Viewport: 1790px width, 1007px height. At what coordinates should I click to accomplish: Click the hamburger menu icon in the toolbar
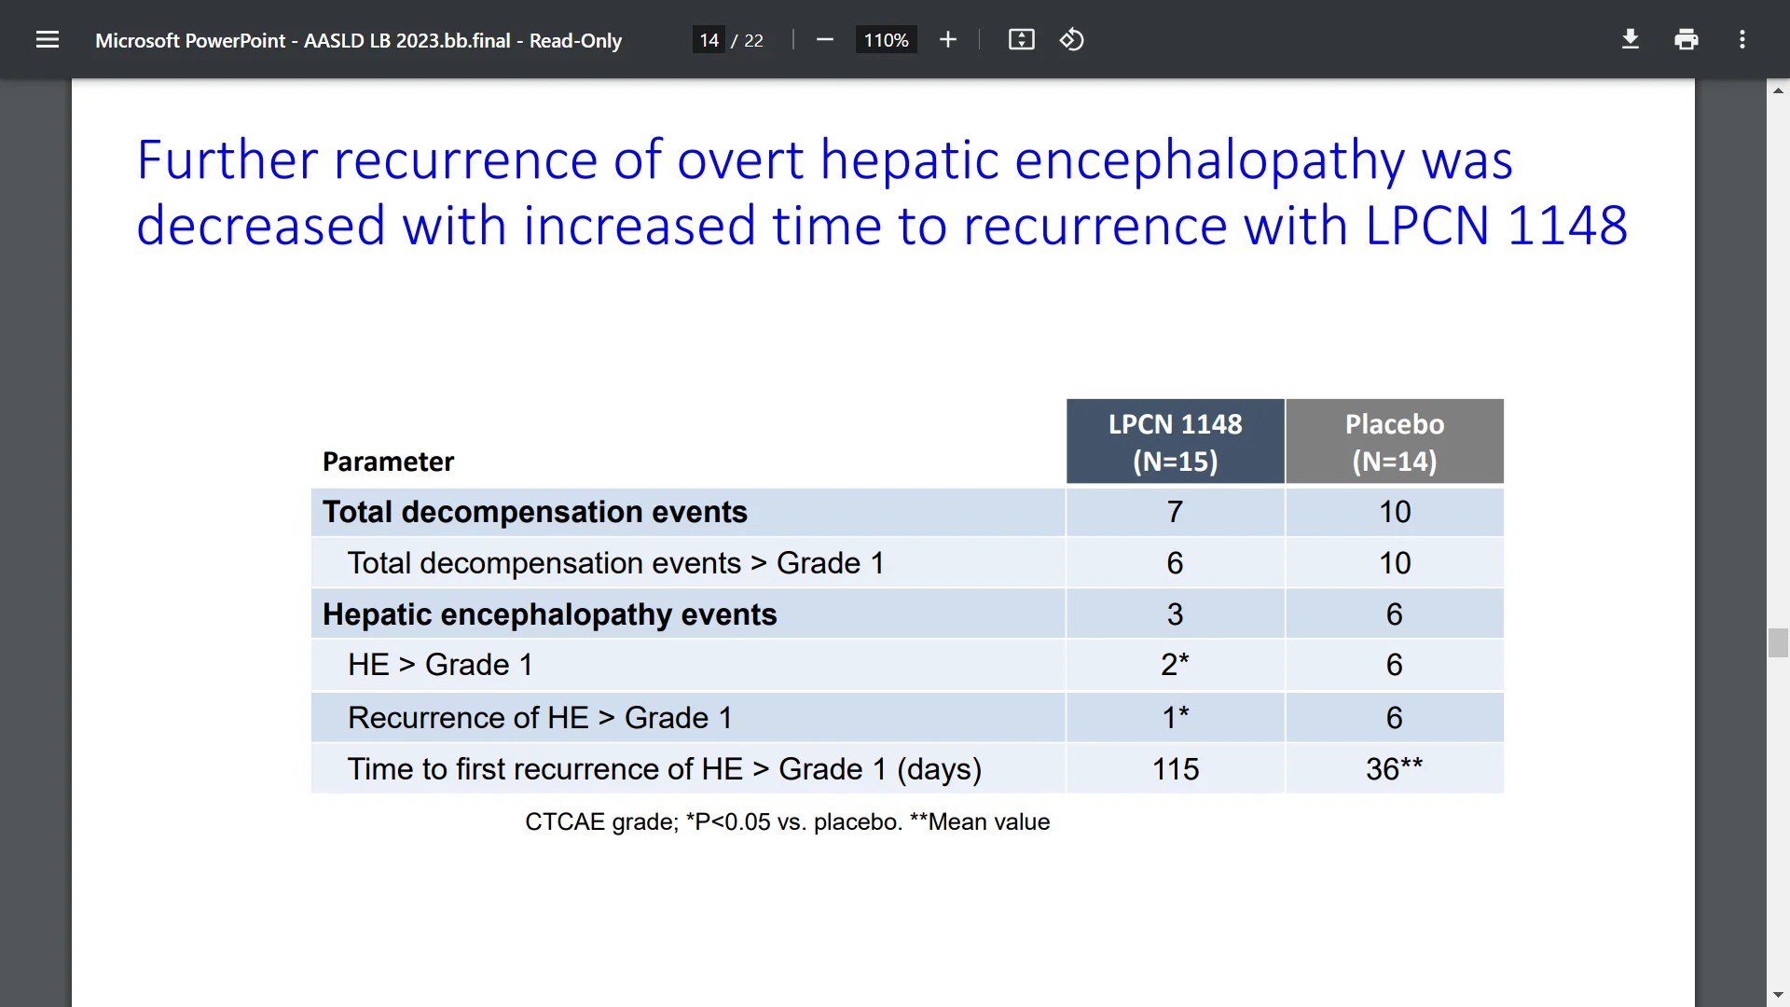[48, 40]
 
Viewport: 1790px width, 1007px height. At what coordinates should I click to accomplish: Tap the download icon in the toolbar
[1630, 40]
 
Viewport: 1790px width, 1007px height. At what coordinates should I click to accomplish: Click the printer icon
[1686, 40]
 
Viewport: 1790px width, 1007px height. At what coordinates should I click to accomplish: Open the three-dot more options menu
[1742, 40]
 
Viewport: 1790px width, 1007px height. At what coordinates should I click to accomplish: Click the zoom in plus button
[948, 40]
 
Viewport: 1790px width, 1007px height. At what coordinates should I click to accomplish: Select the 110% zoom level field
[886, 40]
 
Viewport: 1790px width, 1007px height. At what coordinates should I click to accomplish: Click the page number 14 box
[709, 40]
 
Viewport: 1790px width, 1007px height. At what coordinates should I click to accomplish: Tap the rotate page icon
[1072, 40]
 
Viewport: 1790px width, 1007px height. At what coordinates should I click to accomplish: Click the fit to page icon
[1021, 40]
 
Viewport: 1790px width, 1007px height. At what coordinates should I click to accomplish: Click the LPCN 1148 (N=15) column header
[1175, 442]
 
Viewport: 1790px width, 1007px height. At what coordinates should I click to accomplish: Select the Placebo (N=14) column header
[1394, 442]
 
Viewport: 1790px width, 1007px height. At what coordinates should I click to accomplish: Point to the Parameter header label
[388, 462]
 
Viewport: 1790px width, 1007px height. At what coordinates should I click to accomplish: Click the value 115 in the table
[1175, 769]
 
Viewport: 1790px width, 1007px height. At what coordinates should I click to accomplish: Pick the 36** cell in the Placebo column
[1394, 769]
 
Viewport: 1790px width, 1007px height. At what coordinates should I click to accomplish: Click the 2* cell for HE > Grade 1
[1175, 665]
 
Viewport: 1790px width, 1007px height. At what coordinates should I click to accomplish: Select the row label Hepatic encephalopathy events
[549, 614]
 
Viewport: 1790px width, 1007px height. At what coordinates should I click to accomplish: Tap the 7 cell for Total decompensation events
[1175, 512]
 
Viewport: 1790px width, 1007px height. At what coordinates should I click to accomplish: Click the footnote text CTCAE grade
[601, 821]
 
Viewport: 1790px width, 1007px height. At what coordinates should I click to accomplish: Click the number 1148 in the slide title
[1567, 226]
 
